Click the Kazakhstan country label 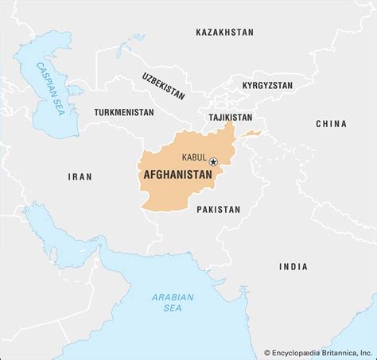click(224, 33)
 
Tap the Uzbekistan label click(163, 86)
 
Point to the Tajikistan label click(230, 117)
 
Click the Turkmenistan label click(123, 113)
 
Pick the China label click(331, 124)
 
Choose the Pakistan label click(218, 209)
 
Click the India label click(293, 267)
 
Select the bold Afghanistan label click(177, 175)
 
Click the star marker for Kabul click(212, 162)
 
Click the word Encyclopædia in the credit click(297, 351)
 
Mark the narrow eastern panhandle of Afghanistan click(251, 133)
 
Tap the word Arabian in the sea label click(173, 297)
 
